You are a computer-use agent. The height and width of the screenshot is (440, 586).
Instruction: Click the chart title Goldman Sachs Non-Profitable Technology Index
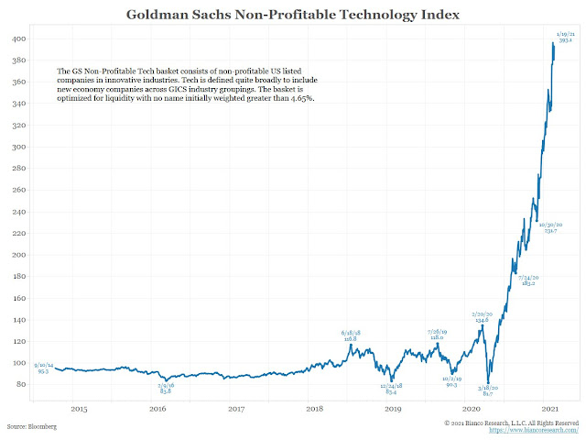pos(292,15)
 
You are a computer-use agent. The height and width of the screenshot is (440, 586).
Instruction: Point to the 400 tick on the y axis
pos(19,39)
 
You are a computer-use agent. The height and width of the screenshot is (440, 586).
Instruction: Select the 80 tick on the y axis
pos(21,384)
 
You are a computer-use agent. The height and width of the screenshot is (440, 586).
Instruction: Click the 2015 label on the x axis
pos(79,409)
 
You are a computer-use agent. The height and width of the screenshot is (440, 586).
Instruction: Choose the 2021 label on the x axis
pos(549,409)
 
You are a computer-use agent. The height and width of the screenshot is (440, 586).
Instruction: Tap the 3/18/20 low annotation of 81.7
pos(486,391)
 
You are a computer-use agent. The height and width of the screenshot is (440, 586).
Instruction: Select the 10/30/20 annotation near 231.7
pos(550,226)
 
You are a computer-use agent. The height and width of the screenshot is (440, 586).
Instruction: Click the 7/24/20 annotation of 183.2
pos(529,280)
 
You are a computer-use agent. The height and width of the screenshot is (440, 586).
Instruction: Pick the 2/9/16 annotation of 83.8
pos(166,388)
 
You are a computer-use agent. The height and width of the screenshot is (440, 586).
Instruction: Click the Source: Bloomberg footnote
pos(32,427)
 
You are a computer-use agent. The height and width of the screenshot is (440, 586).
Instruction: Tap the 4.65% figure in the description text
pos(301,98)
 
